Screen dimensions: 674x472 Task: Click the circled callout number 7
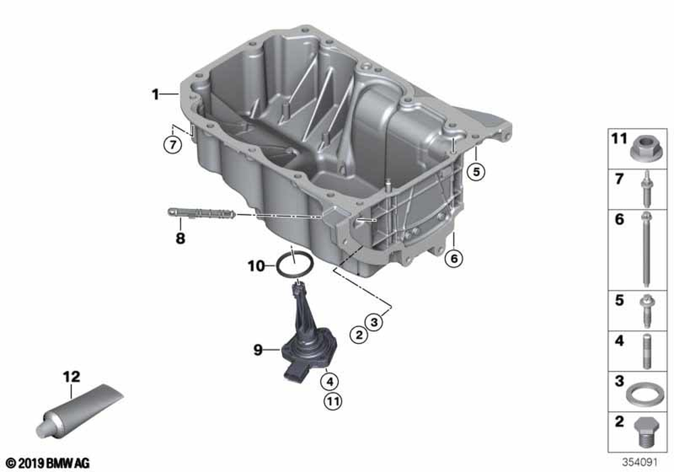[173, 144]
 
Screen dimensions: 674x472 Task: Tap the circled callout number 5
[476, 172]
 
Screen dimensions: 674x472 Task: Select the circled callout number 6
[454, 258]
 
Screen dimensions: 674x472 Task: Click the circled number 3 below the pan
[374, 321]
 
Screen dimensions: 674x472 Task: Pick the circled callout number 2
[359, 334]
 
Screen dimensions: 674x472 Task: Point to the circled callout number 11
[332, 401]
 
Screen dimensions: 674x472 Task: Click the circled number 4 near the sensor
[330, 381]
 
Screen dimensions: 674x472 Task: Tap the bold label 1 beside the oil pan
[155, 94]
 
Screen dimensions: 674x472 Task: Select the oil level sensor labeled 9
[308, 335]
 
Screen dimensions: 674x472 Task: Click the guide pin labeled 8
[201, 213]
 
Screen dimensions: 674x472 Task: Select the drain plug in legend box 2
[646, 432]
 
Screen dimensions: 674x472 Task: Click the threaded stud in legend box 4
[647, 351]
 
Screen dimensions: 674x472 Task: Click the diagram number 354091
[640, 463]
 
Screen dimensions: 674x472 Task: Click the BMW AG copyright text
[47, 463]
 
